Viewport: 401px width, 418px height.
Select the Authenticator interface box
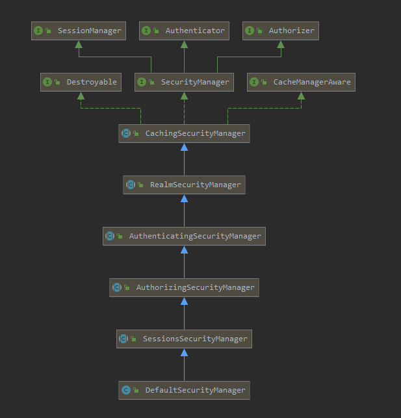click(184, 31)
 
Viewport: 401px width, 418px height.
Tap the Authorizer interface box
click(281, 31)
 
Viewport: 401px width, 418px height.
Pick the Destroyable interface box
click(81, 82)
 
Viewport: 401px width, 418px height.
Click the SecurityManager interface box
click(184, 82)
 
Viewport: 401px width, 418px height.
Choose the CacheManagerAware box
click(301, 82)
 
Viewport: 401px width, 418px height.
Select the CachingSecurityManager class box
click(184, 133)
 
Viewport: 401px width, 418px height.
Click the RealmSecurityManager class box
click(184, 185)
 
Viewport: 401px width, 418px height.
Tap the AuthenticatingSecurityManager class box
click(184, 236)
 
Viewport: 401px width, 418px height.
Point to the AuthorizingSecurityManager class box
click(184, 287)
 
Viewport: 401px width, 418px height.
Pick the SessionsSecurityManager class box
click(184, 339)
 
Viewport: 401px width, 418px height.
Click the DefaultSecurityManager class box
click(184, 390)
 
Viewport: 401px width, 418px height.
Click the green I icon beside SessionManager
click(38, 31)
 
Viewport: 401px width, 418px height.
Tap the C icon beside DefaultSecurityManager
click(125, 390)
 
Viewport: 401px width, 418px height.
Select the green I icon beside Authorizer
click(250, 31)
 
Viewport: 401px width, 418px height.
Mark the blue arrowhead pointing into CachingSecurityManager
click(184, 147)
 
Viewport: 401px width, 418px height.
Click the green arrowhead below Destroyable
click(81, 96)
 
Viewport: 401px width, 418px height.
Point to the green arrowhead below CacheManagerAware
click(301, 96)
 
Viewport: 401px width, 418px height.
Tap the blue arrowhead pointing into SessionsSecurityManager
click(184, 352)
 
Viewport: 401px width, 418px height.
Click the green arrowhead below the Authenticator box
click(184, 44)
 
